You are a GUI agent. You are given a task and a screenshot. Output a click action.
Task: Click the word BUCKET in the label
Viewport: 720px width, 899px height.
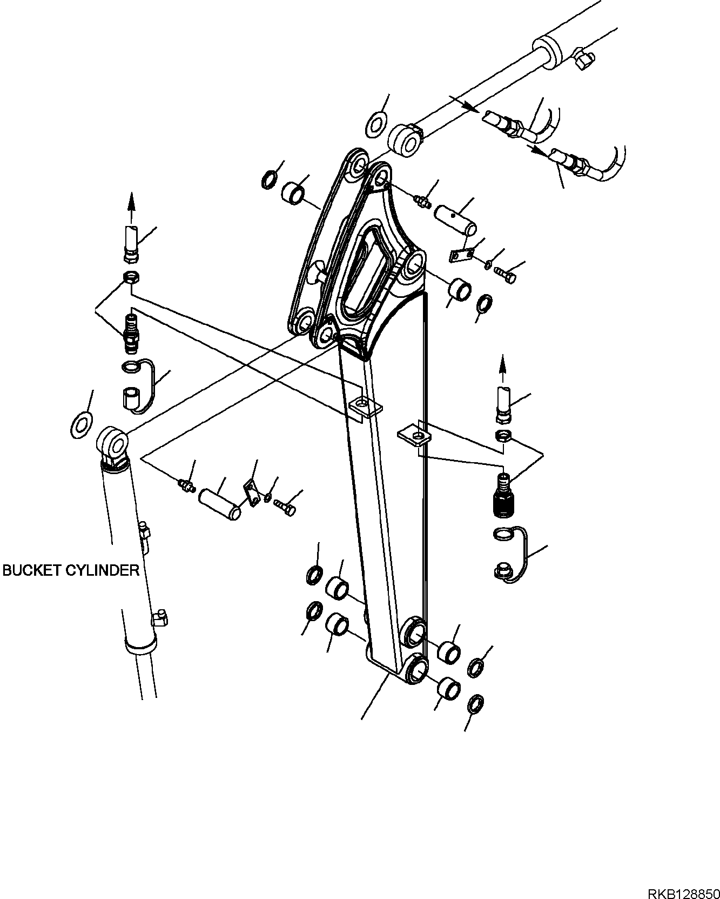(32, 570)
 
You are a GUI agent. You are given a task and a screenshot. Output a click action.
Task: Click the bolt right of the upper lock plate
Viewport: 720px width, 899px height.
(506, 274)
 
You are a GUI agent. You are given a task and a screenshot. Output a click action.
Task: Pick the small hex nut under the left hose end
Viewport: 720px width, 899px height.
(131, 278)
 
